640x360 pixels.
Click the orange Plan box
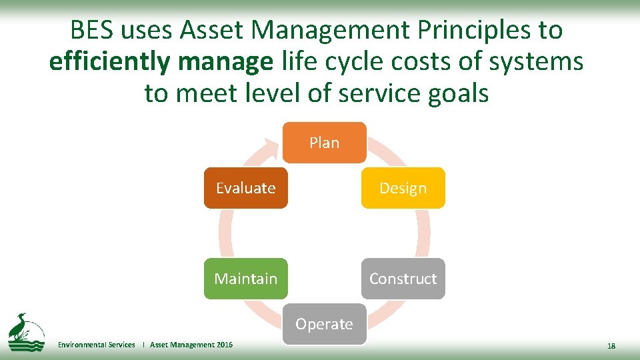click(324, 143)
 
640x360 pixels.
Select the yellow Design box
click(403, 188)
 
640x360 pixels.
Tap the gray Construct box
click(403, 279)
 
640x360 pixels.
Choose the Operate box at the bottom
click(324, 324)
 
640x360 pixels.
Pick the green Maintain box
click(245, 279)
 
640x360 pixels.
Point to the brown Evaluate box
click(245, 188)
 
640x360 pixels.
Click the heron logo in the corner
click(25, 331)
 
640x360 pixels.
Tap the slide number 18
click(611, 345)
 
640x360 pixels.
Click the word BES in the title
click(93, 31)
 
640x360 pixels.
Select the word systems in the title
click(537, 62)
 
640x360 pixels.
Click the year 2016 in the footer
click(225, 345)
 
